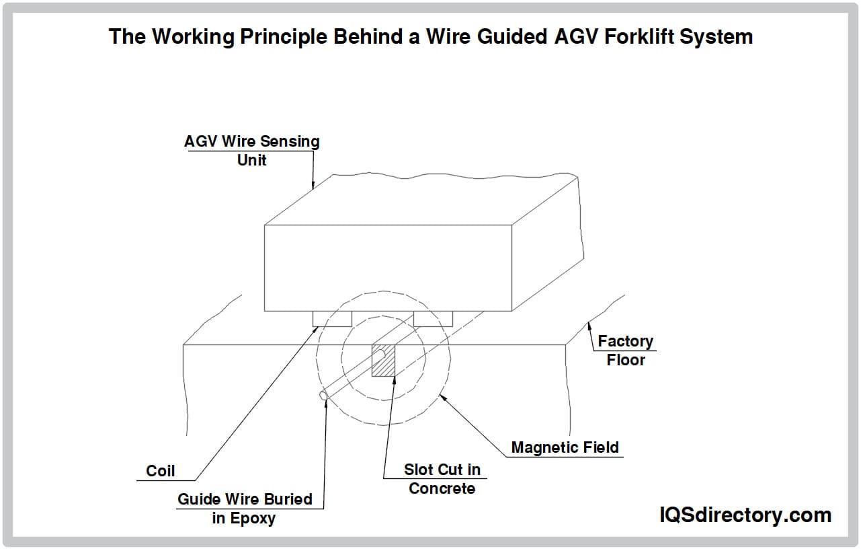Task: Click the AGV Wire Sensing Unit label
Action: [252, 151]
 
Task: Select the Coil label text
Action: [160, 471]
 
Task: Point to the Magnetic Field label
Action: [565, 447]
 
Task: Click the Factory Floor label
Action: [626, 350]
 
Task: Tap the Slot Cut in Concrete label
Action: [442, 479]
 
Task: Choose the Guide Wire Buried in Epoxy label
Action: [245, 509]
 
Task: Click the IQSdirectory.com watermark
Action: [745, 515]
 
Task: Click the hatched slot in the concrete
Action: [383, 361]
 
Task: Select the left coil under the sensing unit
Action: [332, 318]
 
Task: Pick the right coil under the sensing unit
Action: [433, 318]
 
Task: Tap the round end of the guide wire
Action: [324, 396]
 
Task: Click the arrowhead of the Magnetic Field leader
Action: [443, 398]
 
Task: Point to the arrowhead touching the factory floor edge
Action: [589, 326]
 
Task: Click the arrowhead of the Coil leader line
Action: [315, 330]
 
